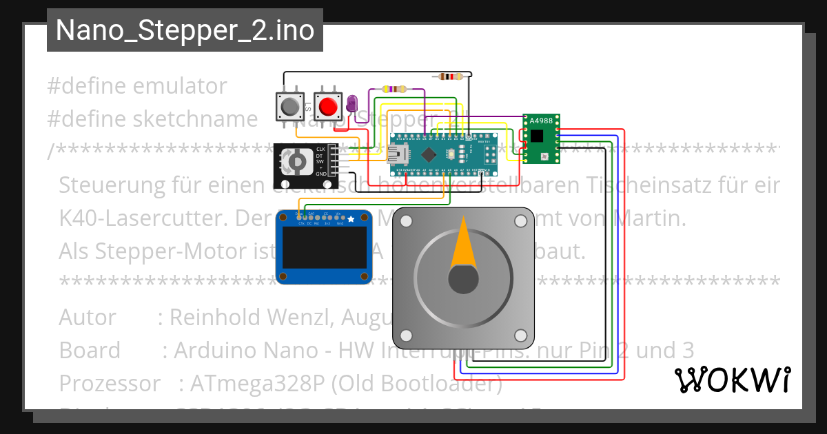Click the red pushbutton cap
pyautogui.click(x=329, y=107)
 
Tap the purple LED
pyautogui.click(x=352, y=105)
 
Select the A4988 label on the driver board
pyautogui.click(x=540, y=121)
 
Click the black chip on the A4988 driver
pyautogui.click(x=538, y=136)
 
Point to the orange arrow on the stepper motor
pyautogui.click(x=463, y=245)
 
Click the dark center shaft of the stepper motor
pyautogui.click(x=463, y=279)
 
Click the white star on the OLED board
pyautogui.click(x=351, y=219)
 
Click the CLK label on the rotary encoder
pyautogui.click(x=320, y=149)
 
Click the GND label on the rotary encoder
pyautogui.click(x=320, y=174)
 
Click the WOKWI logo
pyautogui.click(x=732, y=380)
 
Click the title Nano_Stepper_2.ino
pyautogui.click(x=185, y=31)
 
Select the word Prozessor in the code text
pyautogui.click(x=110, y=383)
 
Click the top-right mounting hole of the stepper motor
pyautogui.click(x=520, y=221)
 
